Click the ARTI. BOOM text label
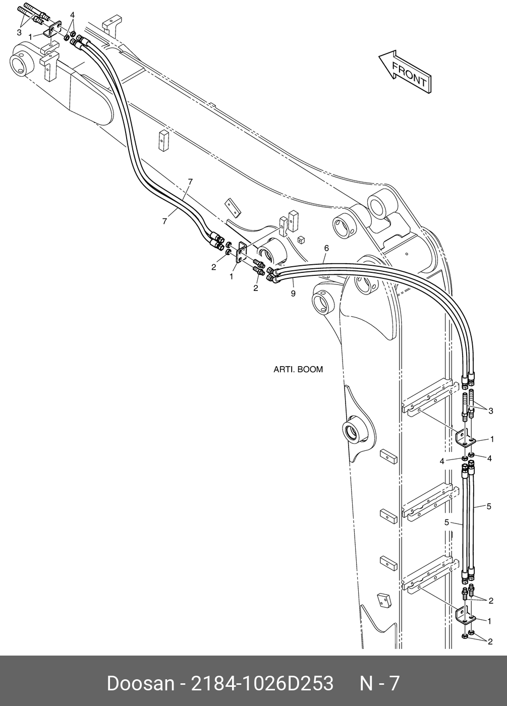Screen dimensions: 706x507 [298, 370]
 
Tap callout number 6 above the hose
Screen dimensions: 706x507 [326, 248]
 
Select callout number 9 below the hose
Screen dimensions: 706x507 [293, 293]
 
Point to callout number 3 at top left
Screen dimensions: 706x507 [19, 32]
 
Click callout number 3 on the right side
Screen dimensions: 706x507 [491, 410]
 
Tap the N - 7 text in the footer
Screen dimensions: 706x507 [379, 684]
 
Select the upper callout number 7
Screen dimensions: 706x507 [190, 182]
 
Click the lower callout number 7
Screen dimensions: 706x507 [164, 221]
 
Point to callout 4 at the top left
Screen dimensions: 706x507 [73, 15]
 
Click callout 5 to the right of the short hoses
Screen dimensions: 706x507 [489, 506]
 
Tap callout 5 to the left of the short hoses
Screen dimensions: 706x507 [446, 522]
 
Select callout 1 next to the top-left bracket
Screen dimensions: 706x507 [31, 37]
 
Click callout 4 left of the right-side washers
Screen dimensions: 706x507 [442, 461]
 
